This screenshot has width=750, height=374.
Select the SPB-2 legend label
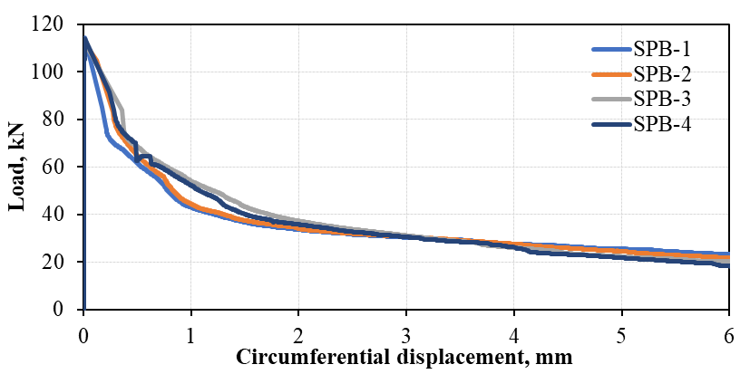pyautogui.click(x=664, y=74)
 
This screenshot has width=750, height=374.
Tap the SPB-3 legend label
pyautogui.click(x=664, y=99)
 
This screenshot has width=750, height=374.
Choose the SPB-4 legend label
pyautogui.click(x=664, y=124)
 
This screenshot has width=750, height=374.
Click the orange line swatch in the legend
pyautogui.click(x=611, y=75)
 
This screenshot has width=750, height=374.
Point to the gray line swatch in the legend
pyautogui.click(x=611, y=100)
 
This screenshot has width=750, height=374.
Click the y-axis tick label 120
pyautogui.click(x=57, y=24)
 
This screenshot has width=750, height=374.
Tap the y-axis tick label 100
pyautogui.click(x=57, y=72)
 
